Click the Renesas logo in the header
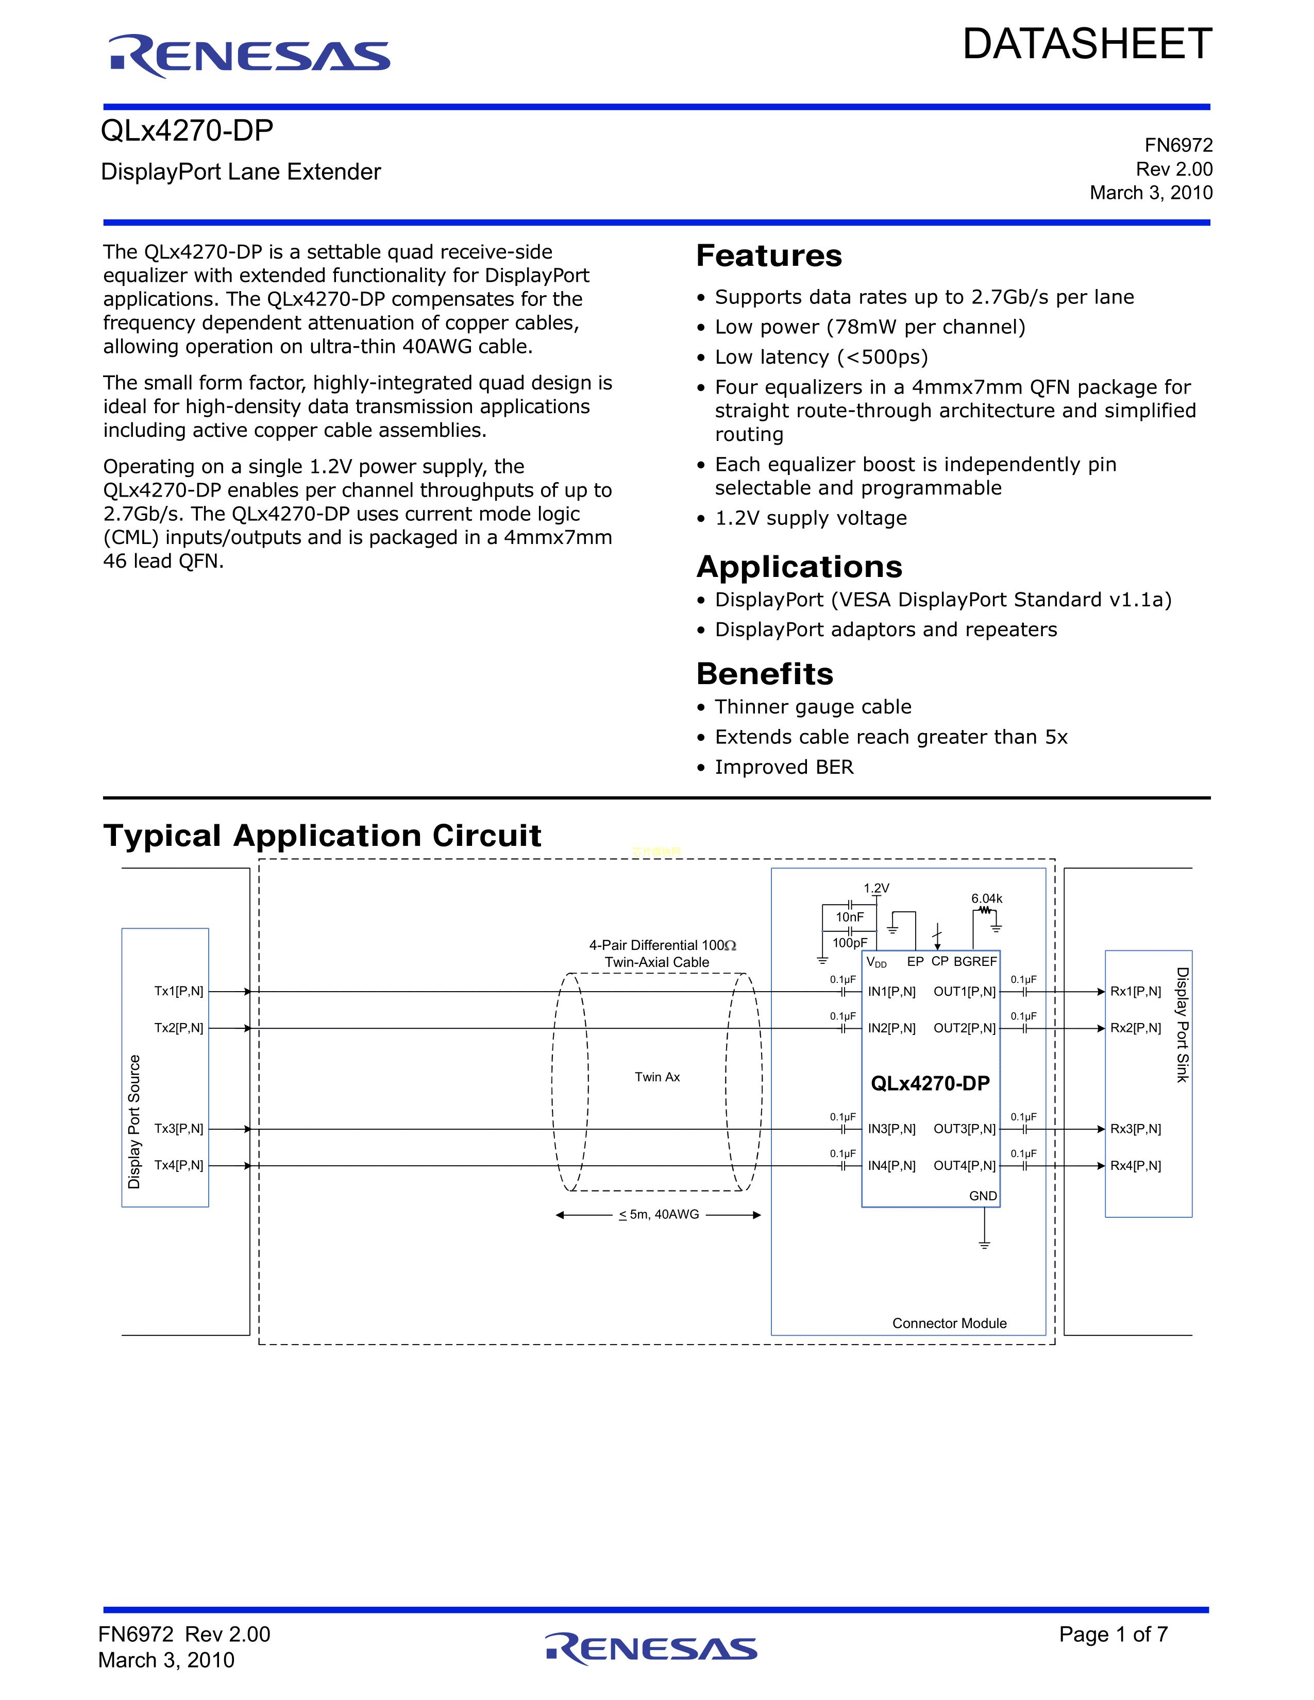[x=249, y=56]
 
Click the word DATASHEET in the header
[x=1087, y=44]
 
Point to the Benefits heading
[x=764, y=674]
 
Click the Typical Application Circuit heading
[x=322, y=836]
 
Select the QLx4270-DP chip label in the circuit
[x=930, y=1083]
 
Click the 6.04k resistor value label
[x=986, y=898]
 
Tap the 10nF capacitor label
[x=849, y=917]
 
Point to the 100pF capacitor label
[x=849, y=943]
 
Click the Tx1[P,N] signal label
[x=178, y=991]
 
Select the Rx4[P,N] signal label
[x=1135, y=1165]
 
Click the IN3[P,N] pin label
[x=891, y=1129]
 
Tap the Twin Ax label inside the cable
[x=657, y=1077]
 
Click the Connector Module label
[x=949, y=1323]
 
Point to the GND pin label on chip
[x=982, y=1196]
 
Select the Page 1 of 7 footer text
[x=1113, y=1634]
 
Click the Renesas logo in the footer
[x=651, y=1648]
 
